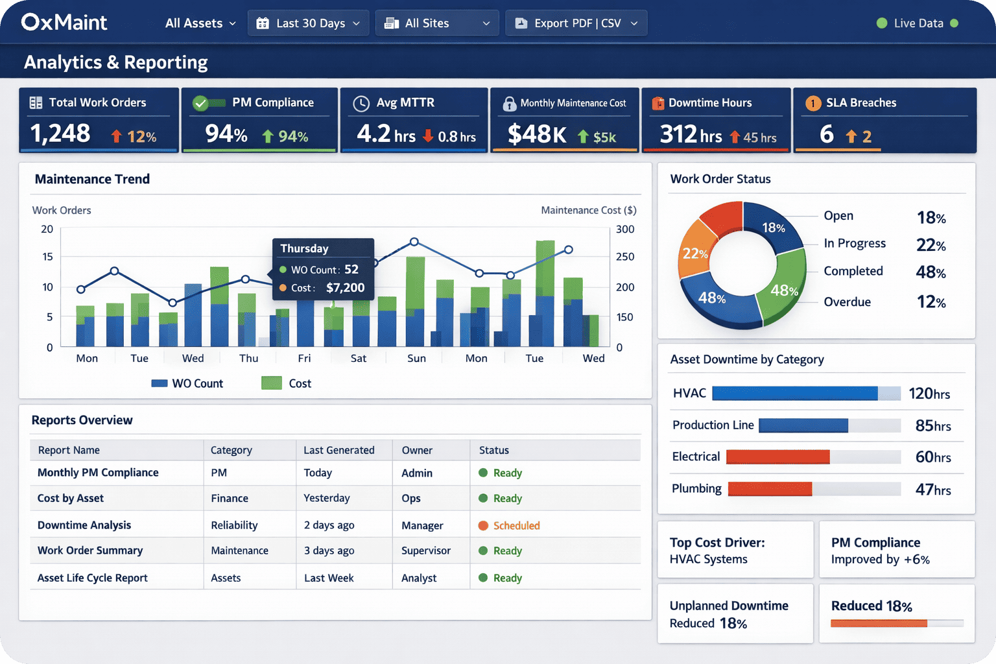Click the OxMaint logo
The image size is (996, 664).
tap(64, 23)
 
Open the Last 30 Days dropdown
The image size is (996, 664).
tap(308, 23)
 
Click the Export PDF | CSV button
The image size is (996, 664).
tap(576, 23)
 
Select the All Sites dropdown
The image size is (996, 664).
tap(436, 23)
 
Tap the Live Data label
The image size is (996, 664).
tap(918, 23)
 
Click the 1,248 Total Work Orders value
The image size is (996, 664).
tap(60, 134)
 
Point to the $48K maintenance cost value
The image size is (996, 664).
tap(536, 134)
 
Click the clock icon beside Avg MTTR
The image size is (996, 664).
tap(361, 104)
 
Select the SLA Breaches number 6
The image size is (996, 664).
tap(826, 134)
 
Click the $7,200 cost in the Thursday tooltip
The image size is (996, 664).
tap(345, 288)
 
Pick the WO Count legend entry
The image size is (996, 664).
tap(187, 383)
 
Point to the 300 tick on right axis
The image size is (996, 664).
tap(624, 230)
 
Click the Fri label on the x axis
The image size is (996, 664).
tap(304, 359)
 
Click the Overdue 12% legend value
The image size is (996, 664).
tap(931, 302)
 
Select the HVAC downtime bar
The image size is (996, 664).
tap(794, 394)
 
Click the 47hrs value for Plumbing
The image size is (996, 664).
tap(932, 490)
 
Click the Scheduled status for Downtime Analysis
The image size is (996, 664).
tap(516, 525)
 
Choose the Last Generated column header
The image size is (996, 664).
tap(338, 450)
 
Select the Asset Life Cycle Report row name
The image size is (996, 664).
tap(93, 578)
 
